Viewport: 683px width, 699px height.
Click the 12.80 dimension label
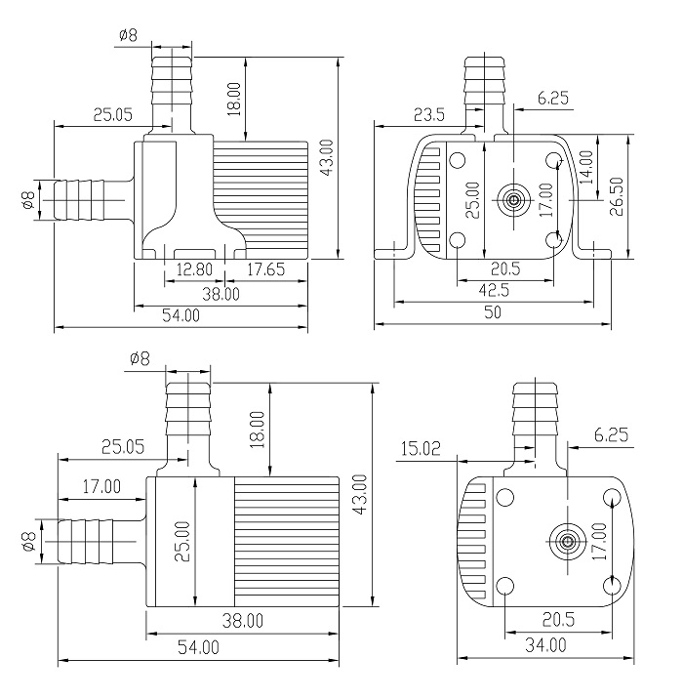point(192,270)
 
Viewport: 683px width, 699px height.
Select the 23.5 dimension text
point(428,115)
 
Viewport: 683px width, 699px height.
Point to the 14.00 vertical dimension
point(586,165)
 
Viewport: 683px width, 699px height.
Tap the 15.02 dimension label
point(421,448)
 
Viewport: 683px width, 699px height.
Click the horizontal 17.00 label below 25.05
point(101,485)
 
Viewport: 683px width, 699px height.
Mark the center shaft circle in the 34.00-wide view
point(565,541)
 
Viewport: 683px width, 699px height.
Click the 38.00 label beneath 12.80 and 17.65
point(221,293)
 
